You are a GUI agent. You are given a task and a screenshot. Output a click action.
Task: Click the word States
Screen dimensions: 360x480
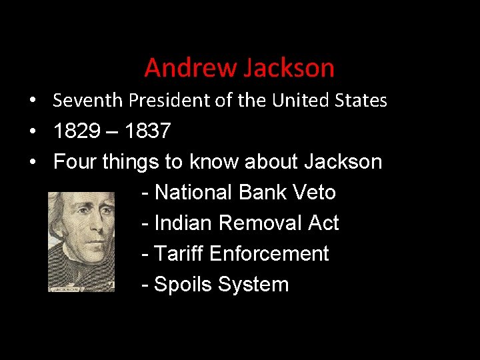[362, 100]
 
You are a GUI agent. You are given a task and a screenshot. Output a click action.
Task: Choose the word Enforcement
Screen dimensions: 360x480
[269, 253]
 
